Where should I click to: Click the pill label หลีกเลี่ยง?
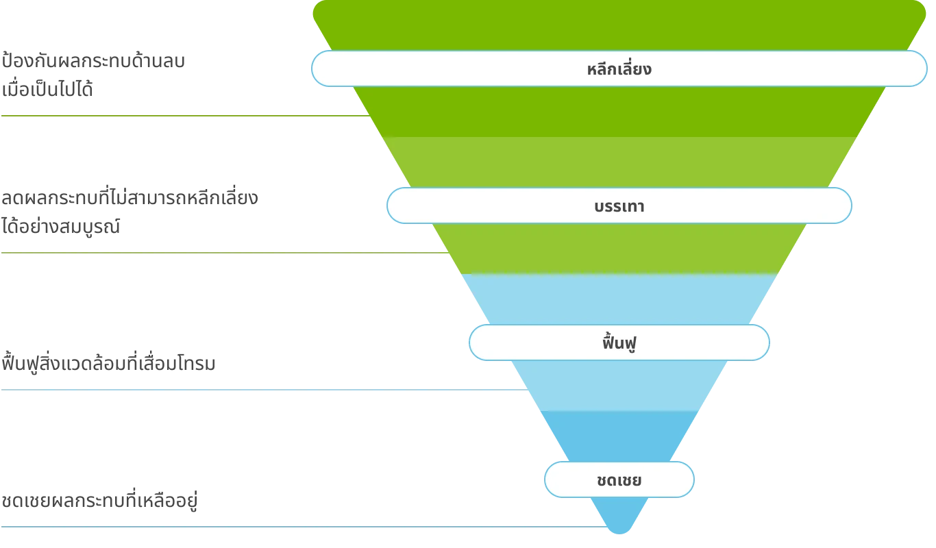619,68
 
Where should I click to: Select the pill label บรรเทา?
619,206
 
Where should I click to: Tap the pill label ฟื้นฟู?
619,342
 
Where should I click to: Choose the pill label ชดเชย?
619,480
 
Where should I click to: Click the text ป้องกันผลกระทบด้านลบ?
93,61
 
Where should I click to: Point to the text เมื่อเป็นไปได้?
47,88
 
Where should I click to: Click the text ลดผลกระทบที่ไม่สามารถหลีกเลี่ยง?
130,198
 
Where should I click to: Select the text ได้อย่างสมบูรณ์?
60,226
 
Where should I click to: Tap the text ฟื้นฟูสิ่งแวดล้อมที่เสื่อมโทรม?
108,362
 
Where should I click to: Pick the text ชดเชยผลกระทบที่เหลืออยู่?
99,500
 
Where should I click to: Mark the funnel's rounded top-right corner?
920,8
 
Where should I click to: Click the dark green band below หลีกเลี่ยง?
619,112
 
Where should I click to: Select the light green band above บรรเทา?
619,162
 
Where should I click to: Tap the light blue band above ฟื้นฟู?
619,299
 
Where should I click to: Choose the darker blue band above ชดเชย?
619,436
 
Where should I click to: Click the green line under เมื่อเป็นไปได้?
186,116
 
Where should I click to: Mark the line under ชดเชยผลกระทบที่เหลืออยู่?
304,527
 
